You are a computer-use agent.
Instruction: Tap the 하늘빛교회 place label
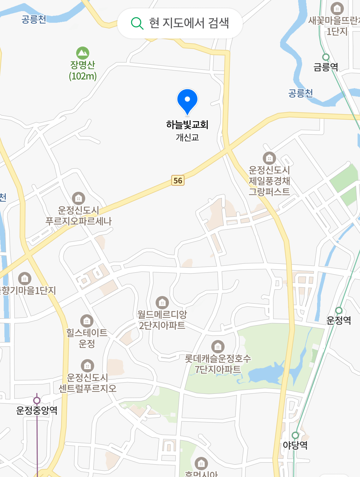point(187,125)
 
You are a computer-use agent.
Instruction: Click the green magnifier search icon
point(137,23)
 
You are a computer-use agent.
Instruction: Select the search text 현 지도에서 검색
point(189,23)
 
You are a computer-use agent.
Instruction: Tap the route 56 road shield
point(178,180)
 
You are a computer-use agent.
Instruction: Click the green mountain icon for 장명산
point(83,53)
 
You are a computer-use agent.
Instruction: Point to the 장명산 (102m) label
point(83,70)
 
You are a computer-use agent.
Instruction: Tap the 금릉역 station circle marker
point(326,57)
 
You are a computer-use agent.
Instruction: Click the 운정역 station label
point(339,320)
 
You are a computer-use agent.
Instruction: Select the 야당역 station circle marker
point(295,435)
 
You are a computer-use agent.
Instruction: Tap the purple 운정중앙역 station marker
point(37,401)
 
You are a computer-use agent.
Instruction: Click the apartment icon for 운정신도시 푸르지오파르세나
point(78,198)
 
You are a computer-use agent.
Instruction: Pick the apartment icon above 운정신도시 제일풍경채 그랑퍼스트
point(269,158)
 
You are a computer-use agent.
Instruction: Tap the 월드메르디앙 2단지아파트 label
point(162,320)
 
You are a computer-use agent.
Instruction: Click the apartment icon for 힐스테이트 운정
point(87,321)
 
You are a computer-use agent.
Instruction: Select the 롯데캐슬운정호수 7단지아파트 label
point(218,364)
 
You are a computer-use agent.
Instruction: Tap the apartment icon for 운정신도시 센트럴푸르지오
point(87,366)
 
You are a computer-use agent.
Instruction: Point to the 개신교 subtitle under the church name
point(187,137)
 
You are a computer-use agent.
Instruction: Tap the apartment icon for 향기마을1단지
point(25,278)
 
